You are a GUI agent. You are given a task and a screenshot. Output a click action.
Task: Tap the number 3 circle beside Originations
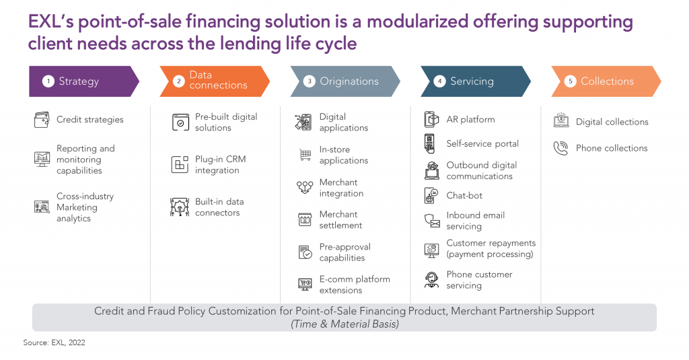pos(309,81)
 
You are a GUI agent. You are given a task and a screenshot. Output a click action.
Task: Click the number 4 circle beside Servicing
pos(439,81)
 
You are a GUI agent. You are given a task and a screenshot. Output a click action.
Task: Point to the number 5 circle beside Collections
pos(570,81)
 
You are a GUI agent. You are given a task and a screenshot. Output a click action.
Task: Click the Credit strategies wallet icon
pos(42,120)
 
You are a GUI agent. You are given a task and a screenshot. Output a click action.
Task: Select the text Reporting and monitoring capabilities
pos(85,159)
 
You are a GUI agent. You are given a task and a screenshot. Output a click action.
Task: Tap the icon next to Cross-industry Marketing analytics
pos(42,207)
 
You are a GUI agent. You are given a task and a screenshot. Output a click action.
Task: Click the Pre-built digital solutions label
pos(226,122)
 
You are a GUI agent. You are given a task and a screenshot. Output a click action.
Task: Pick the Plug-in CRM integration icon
pos(180,165)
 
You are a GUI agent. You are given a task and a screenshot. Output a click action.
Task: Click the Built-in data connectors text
pos(219,207)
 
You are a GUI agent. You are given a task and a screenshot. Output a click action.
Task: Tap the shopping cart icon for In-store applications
pos(305,155)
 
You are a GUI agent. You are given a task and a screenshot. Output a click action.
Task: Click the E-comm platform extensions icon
pos(305,285)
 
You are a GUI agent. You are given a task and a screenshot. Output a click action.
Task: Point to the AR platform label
pos(470,120)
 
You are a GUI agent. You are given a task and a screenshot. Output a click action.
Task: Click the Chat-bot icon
pos(431,196)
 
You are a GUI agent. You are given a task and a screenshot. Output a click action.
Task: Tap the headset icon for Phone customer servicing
pos(431,279)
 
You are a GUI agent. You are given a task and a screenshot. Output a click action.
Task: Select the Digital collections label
pos(612,122)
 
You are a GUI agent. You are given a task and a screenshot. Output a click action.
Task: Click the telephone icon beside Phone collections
pos(560,148)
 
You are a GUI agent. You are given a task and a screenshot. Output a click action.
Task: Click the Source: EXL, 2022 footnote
pos(55,343)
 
